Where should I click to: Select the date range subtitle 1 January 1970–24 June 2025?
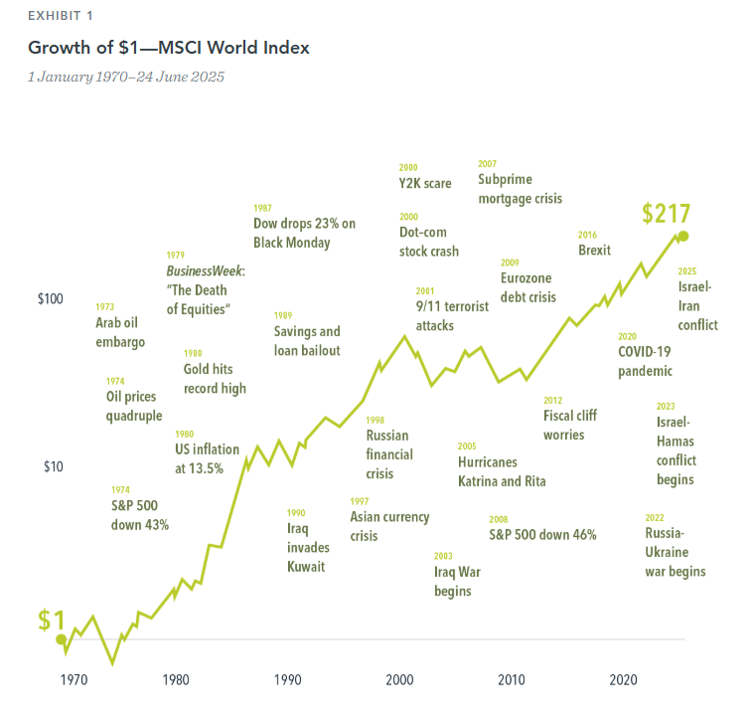pyautogui.click(x=125, y=77)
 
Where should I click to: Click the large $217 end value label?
pyautogui.click(x=666, y=214)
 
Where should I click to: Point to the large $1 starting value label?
pyautogui.click(x=51, y=620)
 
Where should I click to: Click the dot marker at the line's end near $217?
pyautogui.click(x=682, y=236)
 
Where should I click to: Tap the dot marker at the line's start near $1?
pyautogui.click(x=61, y=639)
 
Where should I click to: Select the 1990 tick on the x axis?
pyautogui.click(x=288, y=680)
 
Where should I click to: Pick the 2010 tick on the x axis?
pyautogui.click(x=512, y=680)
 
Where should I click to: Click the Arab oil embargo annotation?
pyautogui.click(x=120, y=332)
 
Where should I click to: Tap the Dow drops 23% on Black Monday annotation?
pyautogui.click(x=304, y=233)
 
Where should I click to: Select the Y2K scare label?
pyautogui.click(x=424, y=183)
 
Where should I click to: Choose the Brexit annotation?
pyautogui.click(x=594, y=250)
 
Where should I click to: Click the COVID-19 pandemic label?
pyautogui.click(x=645, y=361)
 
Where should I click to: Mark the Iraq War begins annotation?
pyautogui.click(x=452, y=581)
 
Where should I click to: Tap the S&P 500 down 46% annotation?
pyautogui.click(x=542, y=534)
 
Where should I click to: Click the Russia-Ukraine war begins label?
pyautogui.click(x=674, y=552)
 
